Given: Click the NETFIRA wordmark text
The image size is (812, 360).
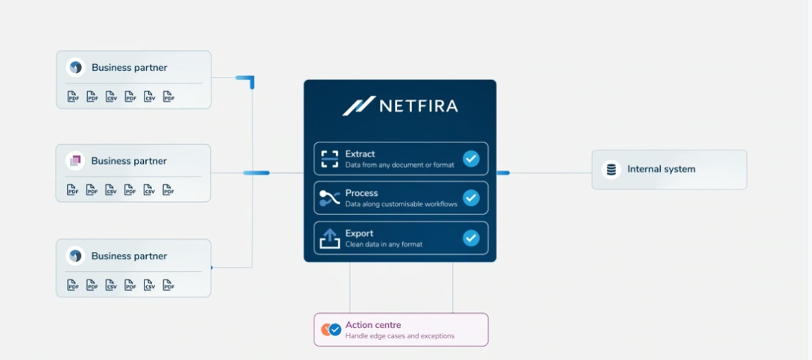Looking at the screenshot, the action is (x=419, y=106).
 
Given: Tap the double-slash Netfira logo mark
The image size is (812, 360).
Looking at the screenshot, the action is (x=358, y=106).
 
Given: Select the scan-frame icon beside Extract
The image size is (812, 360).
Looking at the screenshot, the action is (x=329, y=159).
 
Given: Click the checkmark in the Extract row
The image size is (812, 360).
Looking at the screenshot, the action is (x=471, y=159).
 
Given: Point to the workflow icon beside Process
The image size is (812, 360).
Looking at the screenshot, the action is (x=329, y=198).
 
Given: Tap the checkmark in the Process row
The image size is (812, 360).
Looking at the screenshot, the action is (x=471, y=198).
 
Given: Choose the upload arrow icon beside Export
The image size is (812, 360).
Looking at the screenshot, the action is (x=329, y=239).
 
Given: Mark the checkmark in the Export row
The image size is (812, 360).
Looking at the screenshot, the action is (x=471, y=238).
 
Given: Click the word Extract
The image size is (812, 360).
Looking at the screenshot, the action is (x=360, y=154).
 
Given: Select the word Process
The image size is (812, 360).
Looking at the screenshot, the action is (x=361, y=193).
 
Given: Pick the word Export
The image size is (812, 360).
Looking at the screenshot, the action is (x=359, y=233).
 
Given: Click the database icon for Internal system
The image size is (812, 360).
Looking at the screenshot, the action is (x=612, y=169).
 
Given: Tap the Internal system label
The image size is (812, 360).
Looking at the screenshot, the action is (x=662, y=169).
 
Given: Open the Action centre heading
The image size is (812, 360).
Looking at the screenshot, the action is (x=373, y=325).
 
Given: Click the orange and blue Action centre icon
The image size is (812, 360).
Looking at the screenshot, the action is (x=331, y=329).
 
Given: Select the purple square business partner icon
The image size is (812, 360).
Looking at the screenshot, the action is (x=75, y=161).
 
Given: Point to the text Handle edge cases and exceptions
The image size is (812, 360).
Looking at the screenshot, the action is (x=400, y=336).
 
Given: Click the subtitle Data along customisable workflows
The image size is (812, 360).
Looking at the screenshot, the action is (x=402, y=204).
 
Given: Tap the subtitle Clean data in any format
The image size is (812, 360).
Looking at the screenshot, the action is (x=384, y=244).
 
